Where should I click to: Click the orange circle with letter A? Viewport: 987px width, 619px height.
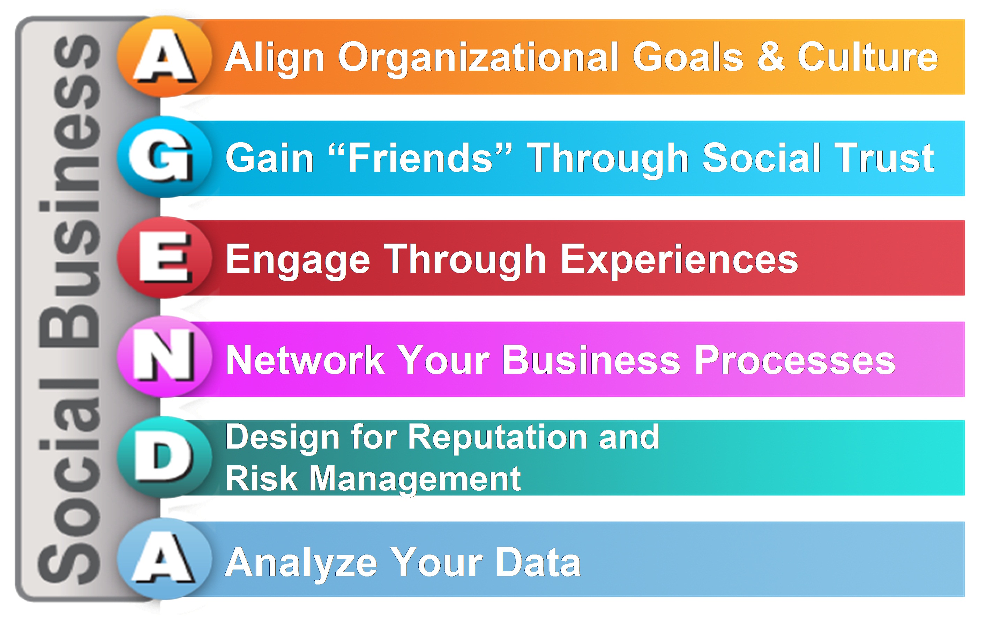164,56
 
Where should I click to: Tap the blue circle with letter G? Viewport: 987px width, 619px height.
164,157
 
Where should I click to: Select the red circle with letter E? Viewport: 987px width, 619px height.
164,257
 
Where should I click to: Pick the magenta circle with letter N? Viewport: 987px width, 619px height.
164,357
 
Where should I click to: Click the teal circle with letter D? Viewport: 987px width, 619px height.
164,457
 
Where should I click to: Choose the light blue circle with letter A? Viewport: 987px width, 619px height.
164,558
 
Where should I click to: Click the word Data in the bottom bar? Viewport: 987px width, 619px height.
538,562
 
